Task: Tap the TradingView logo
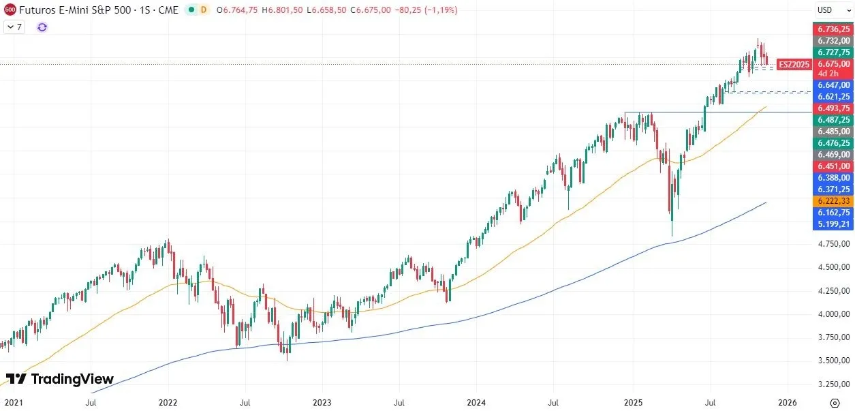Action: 60,379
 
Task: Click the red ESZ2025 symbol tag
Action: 794,64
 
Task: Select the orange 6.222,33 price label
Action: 833,201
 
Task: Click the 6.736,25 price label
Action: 833,29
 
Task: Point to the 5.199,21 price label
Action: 833,224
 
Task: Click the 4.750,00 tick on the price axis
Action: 833,244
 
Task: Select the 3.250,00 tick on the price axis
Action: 833,384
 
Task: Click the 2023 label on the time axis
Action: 322,402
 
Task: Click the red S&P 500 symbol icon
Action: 10,10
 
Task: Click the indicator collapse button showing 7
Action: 14,27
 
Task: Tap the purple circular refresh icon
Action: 42,27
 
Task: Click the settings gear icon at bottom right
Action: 835,402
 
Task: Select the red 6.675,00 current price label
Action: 833,64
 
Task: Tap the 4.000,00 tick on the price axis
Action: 833,314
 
